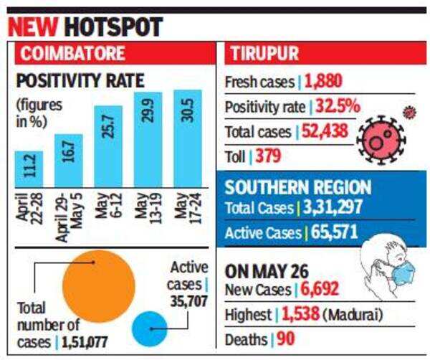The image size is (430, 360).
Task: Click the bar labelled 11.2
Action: pyautogui.click(x=29, y=169)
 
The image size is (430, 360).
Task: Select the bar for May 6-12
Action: pyautogui.click(x=108, y=146)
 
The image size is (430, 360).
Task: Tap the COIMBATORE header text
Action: pyautogui.click(x=72, y=53)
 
